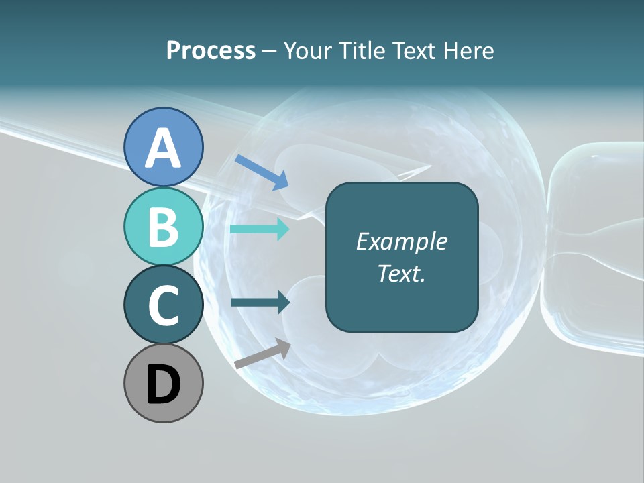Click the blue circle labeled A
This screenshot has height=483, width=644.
[164, 147]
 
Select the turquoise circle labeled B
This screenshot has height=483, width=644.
[164, 226]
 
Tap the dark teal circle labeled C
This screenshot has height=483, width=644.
[164, 305]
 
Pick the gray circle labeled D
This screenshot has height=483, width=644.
[164, 383]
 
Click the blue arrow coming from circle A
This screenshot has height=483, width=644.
[262, 172]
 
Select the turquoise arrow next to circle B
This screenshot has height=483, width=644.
[260, 229]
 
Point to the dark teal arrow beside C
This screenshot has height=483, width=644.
[260, 303]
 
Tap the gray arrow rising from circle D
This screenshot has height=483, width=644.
[262, 354]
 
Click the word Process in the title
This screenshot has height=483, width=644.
[211, 50]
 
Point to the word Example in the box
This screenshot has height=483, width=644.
[401, 241]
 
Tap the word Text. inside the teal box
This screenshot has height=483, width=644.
[401, 273]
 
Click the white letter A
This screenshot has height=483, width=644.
[164, 148]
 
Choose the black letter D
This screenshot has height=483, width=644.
[164, 384]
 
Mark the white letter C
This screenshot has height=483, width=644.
[164, 305]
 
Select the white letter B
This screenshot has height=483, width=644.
[164, 227]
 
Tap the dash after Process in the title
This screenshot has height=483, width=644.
[270, 52]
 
